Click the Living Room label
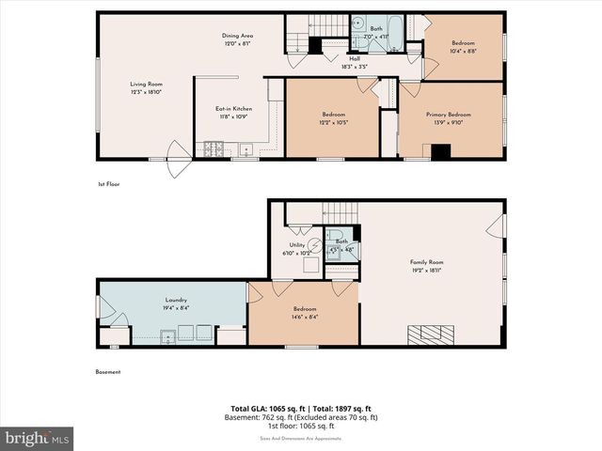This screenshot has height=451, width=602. coord(146,84)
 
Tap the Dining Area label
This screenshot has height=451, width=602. coord(238,36)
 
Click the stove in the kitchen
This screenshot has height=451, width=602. coord(213,148)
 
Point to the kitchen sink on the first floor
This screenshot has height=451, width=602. coord(245,148)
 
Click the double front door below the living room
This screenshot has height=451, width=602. coord(177,152)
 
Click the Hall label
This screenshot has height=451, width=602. coord(356,58)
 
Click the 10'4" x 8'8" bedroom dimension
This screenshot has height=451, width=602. coord(463,52)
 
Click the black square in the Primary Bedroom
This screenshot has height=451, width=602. coord(440,150)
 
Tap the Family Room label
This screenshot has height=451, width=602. coord(426,262)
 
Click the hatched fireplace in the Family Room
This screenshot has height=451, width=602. coord(428,334)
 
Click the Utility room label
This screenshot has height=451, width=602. coord(297,245)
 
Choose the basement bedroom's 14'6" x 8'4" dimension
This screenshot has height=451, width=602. coord(304,317)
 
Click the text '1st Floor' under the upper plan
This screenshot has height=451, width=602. coord(108,184)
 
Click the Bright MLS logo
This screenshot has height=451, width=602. coord(38,438)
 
